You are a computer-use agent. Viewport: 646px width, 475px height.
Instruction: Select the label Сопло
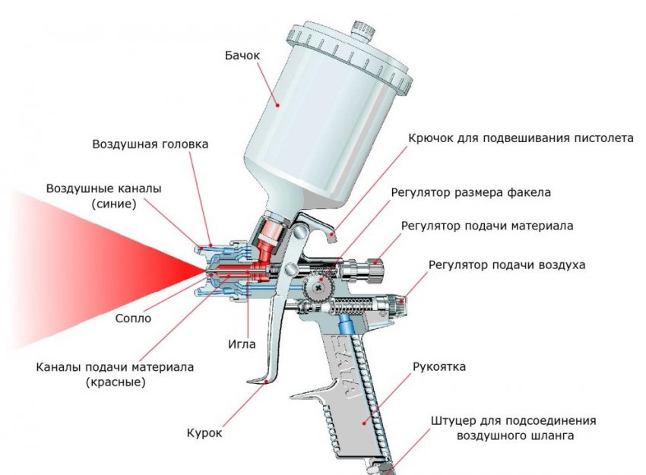(135, 318)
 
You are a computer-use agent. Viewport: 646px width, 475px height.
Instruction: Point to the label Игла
(242, 344)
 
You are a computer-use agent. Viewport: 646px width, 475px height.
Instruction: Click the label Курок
(204, 433)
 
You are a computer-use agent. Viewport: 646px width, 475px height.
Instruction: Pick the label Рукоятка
(439, 366)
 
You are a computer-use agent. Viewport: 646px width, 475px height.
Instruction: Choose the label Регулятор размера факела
(470, 193)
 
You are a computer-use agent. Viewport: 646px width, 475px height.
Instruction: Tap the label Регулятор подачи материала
(487, 226)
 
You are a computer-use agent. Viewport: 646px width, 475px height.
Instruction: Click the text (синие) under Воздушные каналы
(112, 204)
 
